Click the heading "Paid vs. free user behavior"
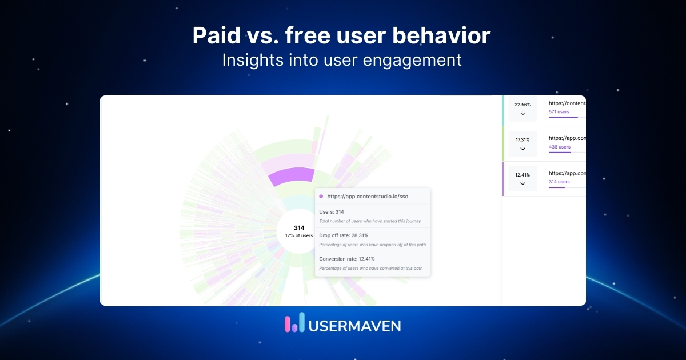pyautogui.click(x=341, y=36)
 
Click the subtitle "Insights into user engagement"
pyautogui.click(x=341, y=60)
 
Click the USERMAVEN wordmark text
pyautogui.click(x=354, y=326)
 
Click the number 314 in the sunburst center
pyautogui.click(x=299, y=228)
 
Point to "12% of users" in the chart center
pyautogui.click(x=299, y=235)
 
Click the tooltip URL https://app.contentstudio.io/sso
pyautogui.click(x=368, y=196)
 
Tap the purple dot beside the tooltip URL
pyautogui.click(x=321, y=196)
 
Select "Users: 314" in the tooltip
pyautogui.click(x=332, y=212)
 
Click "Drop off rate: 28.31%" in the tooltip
pyautogui.click(x=343, y=235)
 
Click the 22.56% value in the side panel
pyautogui.click(x=523, y=105)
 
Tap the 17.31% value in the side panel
pyautogui.click(x=523, y=139)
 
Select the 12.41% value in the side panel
pyautogui.click(x=523, y=175)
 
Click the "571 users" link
pyautogui.click(x=559, y=112)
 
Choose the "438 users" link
pyautogui.click(x=559, y=147)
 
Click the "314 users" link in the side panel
pyautogui.click(x=559, y=182)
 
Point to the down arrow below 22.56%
pyautogui.click(x=523, y=113)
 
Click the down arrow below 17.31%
pyautogui.click(x=523, y=148)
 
